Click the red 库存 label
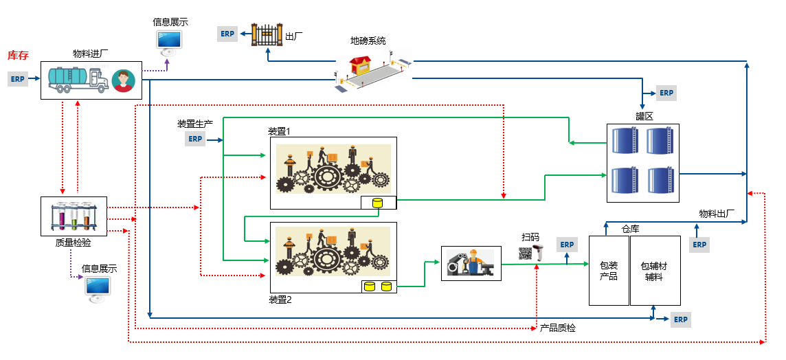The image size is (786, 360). [x=18, y=55]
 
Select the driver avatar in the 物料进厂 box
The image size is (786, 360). [x=124, y=80]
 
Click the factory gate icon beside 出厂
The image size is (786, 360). [x=267, y=34]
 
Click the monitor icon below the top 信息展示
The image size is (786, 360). [x=170, y=43]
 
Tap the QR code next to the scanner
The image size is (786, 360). [x=526, y=253]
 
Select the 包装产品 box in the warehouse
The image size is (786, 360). [x=609, y=271]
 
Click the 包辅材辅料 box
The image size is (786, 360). [x=655, y=271]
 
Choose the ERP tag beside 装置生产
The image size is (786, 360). [x=196, y=139]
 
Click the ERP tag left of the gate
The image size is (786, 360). [x=227, y=34]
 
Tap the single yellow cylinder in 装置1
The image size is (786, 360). [x=377, y=203]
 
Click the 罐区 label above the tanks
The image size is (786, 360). [x=644, y=116]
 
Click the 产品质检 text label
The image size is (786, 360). [x=558, y=328]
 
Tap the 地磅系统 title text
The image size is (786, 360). [x=368, y=41]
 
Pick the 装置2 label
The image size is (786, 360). [x=280, y=300]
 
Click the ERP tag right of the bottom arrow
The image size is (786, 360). [x=681, y=319]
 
